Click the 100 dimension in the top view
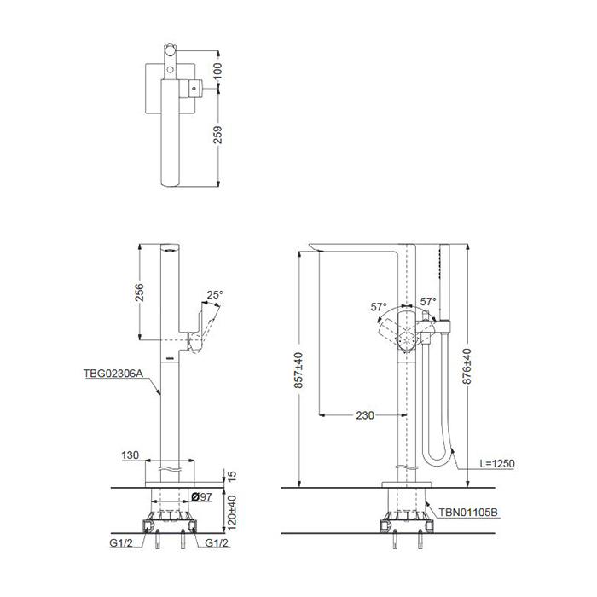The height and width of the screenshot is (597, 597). coord(217,71)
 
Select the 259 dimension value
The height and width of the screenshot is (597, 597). coord(217,135)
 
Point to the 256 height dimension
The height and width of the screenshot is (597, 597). coord(140,292)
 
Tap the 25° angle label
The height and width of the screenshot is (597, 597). coord(215,295)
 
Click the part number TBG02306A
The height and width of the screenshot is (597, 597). coord(113,374)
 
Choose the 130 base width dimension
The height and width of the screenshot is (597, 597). coord(130,455)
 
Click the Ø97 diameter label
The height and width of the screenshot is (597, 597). coord(201,496)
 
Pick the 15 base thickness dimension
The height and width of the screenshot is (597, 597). coord(232,476)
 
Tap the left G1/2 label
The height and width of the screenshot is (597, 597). coord(121,543)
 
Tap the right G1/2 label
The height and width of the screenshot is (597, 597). coord(217,543)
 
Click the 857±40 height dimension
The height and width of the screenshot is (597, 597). coord(298,370)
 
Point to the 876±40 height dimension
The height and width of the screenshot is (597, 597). coord(467,366)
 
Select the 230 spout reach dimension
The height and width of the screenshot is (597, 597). coord(365,415)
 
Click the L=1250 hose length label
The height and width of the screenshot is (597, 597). coord(497,463)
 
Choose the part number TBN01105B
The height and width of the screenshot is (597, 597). coord(468,512)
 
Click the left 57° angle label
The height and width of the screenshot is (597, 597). coord(379,306)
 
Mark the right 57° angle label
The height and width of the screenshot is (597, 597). coord(428,302)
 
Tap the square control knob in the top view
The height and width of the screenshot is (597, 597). coord(194,89)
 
